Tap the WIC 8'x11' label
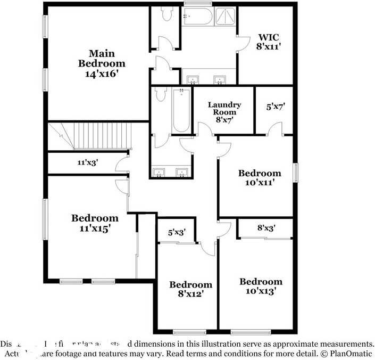coord(269,42)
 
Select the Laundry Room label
coord(224,112)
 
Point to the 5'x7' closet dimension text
coord(276,107)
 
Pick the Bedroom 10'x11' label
coord(259,178)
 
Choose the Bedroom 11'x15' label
coord(95,223)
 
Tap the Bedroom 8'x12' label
coord(190,289)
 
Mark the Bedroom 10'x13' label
coord(260,286)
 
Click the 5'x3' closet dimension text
coord(177,232)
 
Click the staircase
coord(96,137)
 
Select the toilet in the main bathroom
coord(166,14)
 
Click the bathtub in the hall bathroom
coord(181,111)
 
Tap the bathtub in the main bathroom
coord(198,16)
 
